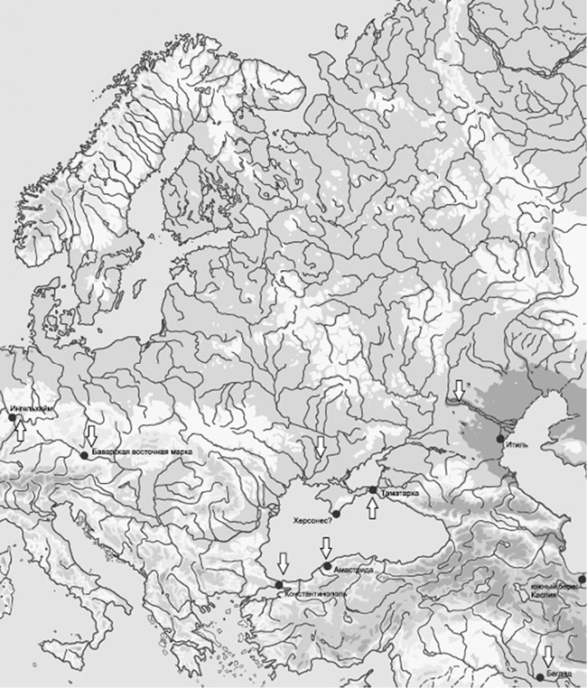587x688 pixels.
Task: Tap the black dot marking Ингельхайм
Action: [x=13, y=418]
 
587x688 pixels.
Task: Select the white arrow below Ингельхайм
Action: [x=20, y=432]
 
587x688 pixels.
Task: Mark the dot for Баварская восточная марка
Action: [x=83, y=455]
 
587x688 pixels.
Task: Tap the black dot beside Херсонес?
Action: [x=335, y=514]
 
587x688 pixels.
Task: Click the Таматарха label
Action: [x=398, y=493]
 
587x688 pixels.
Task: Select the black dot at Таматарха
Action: [x=372, y=490]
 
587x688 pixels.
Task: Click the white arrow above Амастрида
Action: [x=326, y=548]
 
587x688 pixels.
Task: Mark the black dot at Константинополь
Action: [x=278, y=585]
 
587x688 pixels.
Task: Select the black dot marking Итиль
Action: [x=498, y=439]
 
